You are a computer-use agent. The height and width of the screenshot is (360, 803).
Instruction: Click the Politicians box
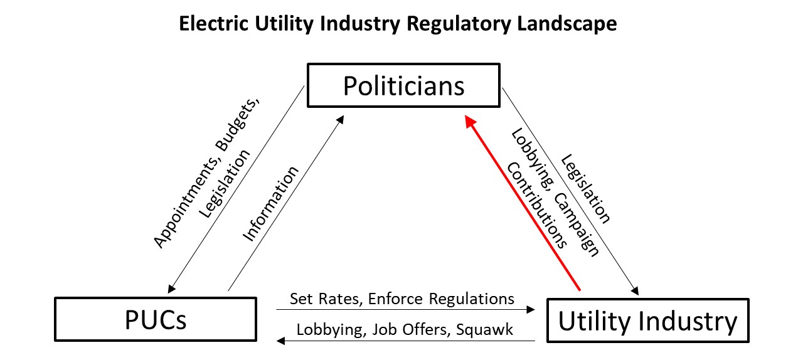coord(403,85)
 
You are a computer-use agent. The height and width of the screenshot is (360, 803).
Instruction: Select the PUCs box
coord(156,320)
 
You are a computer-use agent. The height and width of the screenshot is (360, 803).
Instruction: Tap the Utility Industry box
coord(647,320)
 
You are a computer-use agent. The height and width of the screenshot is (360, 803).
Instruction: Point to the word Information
coord(270,203)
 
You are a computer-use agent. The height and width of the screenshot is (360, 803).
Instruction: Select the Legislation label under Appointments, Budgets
coord(225,183)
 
